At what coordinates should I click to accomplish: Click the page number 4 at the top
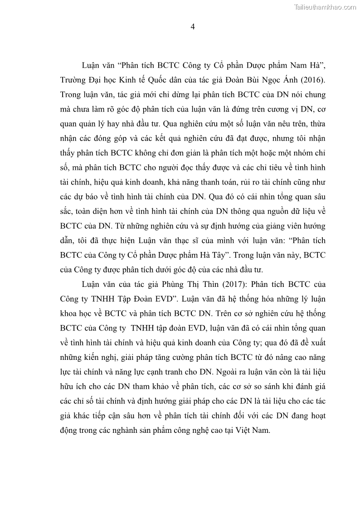tap(192, 27)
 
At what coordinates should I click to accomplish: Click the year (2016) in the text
tap(313, 80)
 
